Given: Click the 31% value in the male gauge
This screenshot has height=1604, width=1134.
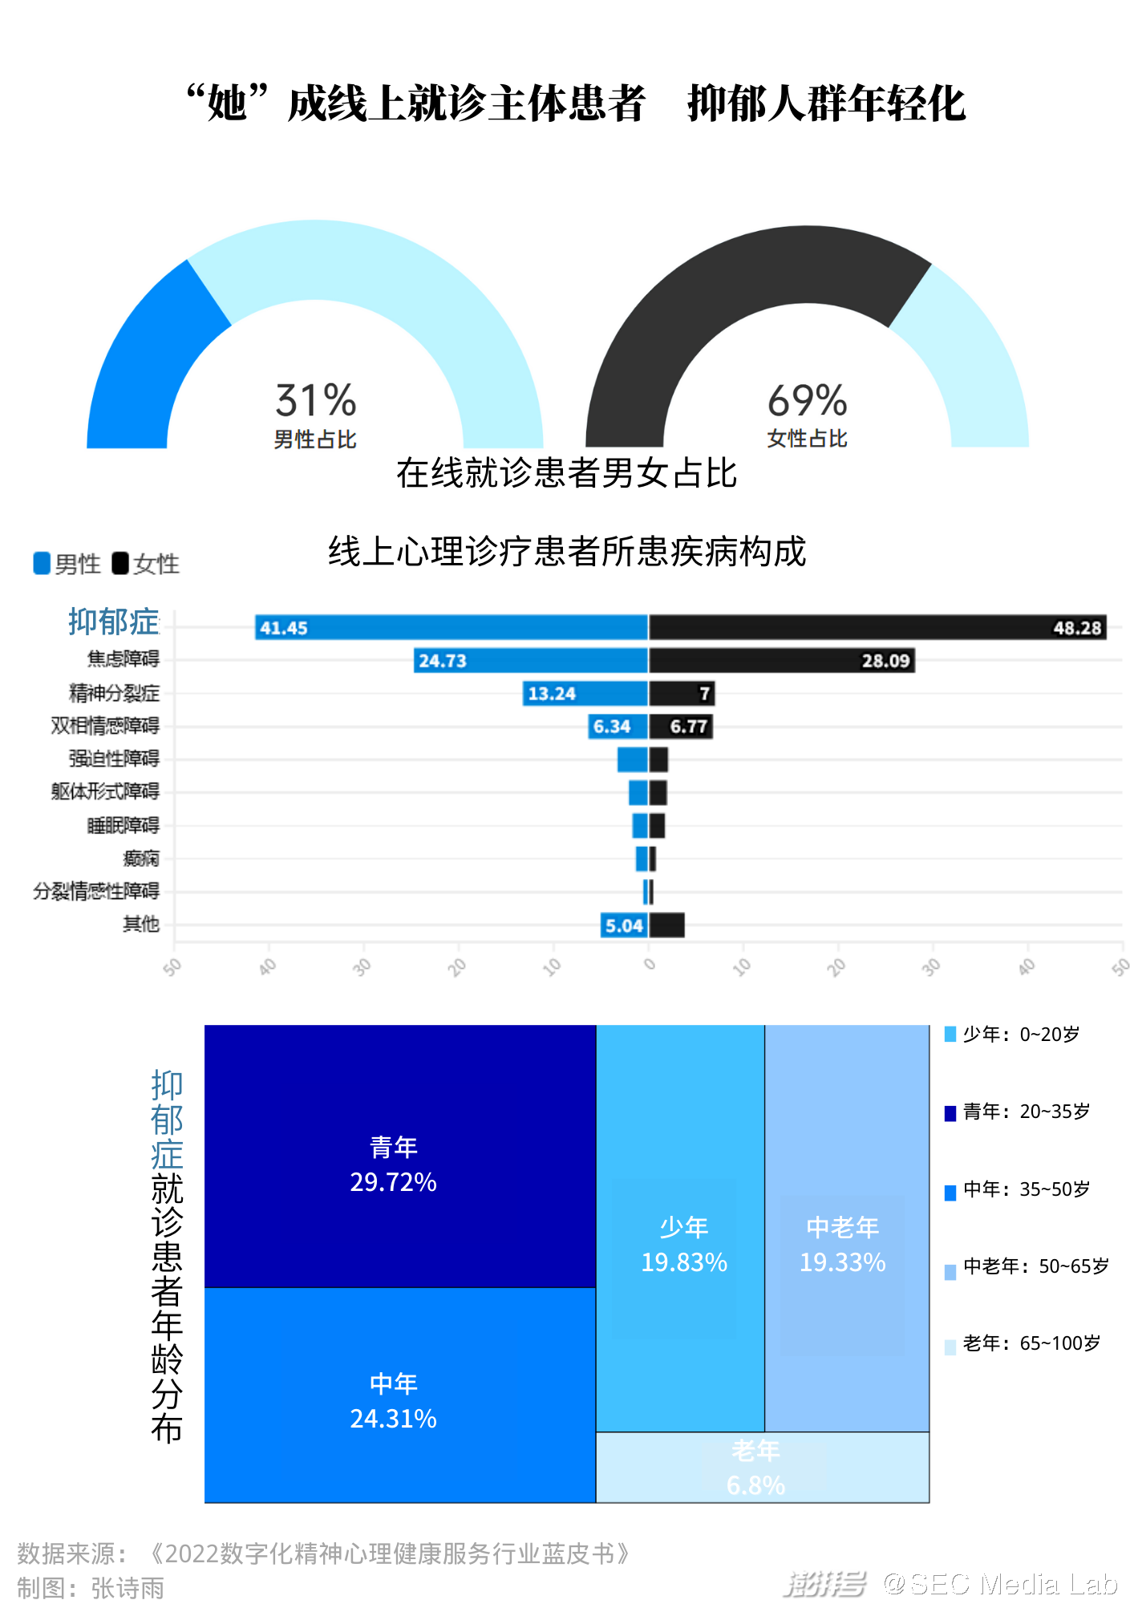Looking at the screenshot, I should click(315, 400).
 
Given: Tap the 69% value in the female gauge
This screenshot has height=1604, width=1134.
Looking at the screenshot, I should click(807, 400).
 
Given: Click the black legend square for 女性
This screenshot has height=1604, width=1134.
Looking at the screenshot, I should click(120, 563).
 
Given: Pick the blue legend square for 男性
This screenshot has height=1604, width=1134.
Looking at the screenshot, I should click(42, 563).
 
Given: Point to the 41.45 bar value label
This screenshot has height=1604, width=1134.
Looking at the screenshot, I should click(284, 628).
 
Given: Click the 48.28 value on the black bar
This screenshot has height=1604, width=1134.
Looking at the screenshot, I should click(1077, 628).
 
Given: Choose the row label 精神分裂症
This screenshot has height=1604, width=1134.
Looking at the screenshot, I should click(114, 693).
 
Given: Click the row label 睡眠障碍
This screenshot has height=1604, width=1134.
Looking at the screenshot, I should click(123, 825).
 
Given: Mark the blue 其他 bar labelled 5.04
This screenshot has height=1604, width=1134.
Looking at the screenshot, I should click(624, 926).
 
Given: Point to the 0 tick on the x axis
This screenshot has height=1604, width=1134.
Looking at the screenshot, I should click(650, 964).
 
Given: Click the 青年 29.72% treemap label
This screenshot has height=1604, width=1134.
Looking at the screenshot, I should click(393, 1165).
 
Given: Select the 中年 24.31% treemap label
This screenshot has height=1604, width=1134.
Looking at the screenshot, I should click(393, 1401).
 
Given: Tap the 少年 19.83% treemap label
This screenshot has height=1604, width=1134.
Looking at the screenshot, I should click(684, 1245).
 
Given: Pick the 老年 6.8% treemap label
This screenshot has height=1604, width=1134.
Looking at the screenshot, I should click(755, 1468).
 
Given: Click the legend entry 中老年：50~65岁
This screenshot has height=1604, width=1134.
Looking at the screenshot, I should click(1035, 1266).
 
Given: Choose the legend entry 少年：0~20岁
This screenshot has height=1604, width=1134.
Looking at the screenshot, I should click(1020, 1035).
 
